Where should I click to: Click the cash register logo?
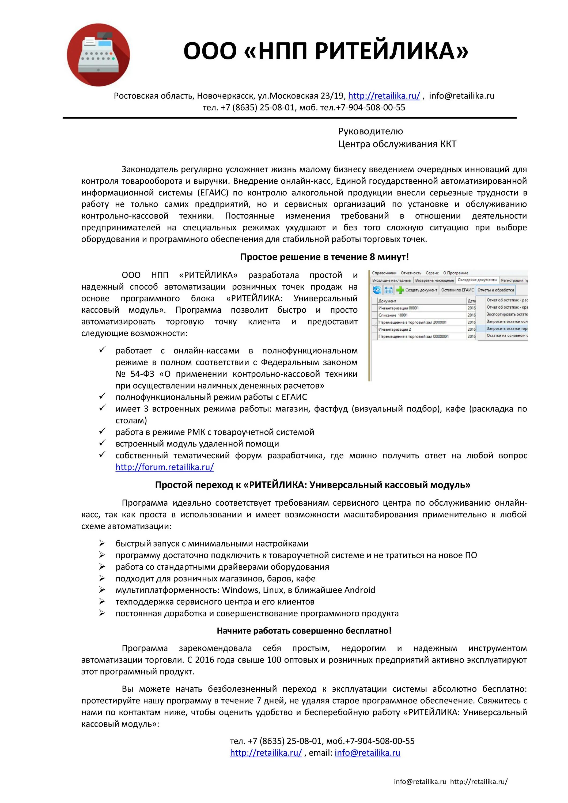(98, 55)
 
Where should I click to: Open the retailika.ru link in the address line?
(384, 96)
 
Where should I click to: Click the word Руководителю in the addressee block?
(370, 131)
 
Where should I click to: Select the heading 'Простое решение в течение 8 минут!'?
(324, 257)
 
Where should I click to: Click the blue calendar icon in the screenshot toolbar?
(388, 290)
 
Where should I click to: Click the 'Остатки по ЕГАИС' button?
(457, 290)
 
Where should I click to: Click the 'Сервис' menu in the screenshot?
(432, 273)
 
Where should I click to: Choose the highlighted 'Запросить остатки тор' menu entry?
(506, 328)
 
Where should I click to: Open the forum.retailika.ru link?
(164, 467)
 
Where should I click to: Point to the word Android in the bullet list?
(359, 590)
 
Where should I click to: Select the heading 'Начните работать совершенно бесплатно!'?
(304, 631)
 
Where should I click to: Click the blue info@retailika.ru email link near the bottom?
(367, 753)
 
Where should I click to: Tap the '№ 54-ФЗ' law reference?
(135, 374)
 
